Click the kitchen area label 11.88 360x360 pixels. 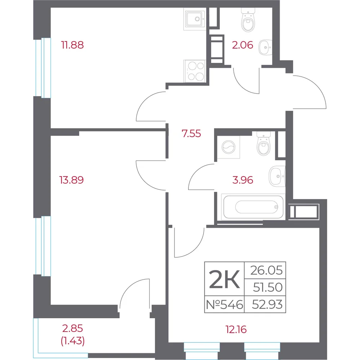[x=72, y=45]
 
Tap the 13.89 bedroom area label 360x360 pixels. [x=71, y=180]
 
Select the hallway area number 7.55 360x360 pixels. [x=191, y=134]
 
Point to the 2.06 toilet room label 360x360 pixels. [x=243, y=45]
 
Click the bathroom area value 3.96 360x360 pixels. [x=243, y=180]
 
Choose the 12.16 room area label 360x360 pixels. [x=236, y=329]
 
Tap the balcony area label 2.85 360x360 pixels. [x=73, y=329]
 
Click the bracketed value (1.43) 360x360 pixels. [x=73, y=341]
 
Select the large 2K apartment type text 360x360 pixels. [x=225, y=279]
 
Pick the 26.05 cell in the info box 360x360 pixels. [x=266, y=270]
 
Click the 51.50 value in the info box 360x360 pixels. [x=268, y=287]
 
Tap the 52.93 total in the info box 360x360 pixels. [x=267, y=305]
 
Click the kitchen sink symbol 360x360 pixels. [x=195, y=19]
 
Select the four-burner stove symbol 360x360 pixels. [x=195, y=71]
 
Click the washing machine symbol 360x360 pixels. [x=228, y=147]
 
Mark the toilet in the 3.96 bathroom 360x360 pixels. [x=264, y=144]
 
